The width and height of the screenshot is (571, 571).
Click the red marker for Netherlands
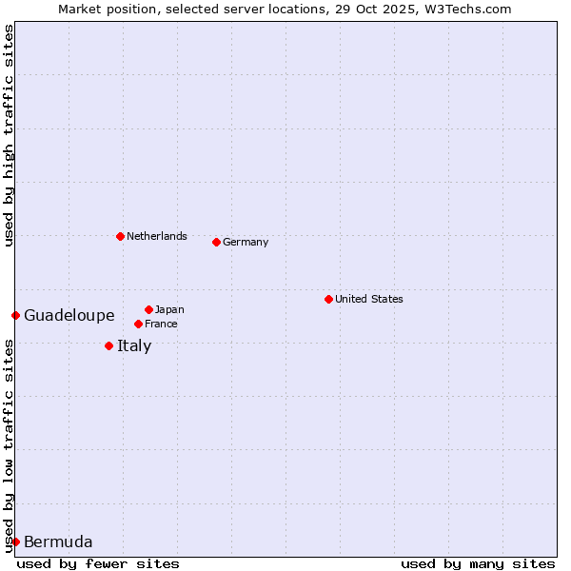pyautogui.click(x=120, y=236)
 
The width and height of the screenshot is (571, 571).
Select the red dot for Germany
pyautogui.click(x=216, y=242)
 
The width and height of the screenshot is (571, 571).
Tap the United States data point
pyautogui.click(x=328, y=299)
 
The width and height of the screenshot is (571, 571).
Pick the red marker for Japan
pyautogui.click(x=148, y=309)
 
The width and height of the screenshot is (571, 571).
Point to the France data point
pyautogui.click(x=138, y=324)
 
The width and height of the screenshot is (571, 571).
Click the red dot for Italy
pyautogui.click(x=108, y=345)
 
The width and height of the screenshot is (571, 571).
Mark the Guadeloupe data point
pyautogui.click(x=15, y=315)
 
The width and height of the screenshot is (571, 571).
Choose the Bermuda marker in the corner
pyautogui.click(x=15, y=541)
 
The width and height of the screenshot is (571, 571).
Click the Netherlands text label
pyautogui.click(x=156, y=236)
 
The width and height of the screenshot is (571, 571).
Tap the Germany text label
pyautogui.click(x=246, y=242)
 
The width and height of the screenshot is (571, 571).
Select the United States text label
pyautogui.click(x=368, y=299)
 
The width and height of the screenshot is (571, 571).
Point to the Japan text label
pyautogui.click(x=169, y=309)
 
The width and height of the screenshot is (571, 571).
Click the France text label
pyautogui.click(x=161, y=324)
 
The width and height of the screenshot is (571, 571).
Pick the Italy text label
pyautogui.click(x=134, y=345)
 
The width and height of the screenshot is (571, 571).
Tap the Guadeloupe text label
pyautogui.click(x=69, y=315)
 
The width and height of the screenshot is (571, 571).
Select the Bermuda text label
pyautogui.click(x=58, y=542)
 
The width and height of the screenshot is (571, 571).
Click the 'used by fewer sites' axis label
pyautogui.click(x=98, y=563)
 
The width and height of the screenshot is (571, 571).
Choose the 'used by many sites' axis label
pyautogui.click(x=478, y=563)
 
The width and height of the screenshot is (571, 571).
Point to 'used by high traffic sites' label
pyautogui.click(x=9, y=135)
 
